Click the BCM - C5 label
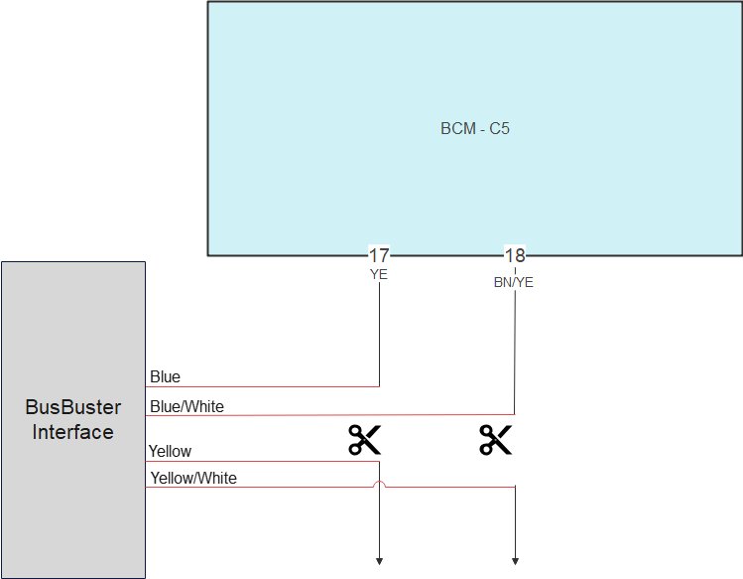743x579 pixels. (x=474, y=129)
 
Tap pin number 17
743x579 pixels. (x=379, y=255)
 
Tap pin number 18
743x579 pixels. (x=515, y=255)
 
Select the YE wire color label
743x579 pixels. (x=379, y=275)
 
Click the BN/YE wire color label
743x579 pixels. (x=514, y=282)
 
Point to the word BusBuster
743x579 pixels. (x=72, y=407)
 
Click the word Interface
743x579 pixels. (x=72, y=432)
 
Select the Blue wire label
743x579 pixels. (x=165, y=377)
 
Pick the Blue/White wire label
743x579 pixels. (x=186, y=406)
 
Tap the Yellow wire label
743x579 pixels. (x=170, y=452)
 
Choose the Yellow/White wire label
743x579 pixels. (x=193, y=479)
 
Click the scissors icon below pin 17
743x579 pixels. (x=364, y=439)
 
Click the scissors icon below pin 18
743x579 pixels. (x=495, y=439)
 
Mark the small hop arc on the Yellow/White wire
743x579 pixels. (x=379, y=485)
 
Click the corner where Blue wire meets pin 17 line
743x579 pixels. (x=379, y=386)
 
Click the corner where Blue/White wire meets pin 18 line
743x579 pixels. (x=515, y=415)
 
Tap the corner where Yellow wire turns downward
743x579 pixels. (x=379, y=462)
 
